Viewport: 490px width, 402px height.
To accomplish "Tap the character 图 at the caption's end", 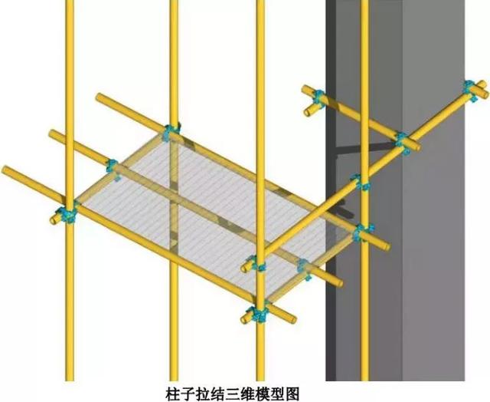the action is [292, 394].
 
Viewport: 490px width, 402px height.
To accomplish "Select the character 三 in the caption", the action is [233, 394].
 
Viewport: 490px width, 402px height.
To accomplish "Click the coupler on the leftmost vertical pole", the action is [68, 214].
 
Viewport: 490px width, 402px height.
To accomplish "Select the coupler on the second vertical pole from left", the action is [171, 131].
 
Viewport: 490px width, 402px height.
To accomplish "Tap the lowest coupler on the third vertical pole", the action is [258, 314].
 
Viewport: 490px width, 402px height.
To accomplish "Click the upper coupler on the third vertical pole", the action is [257, 263].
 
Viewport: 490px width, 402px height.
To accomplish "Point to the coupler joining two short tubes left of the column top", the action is [318, 99].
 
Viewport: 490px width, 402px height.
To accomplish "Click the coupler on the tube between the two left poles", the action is [113, 168].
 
